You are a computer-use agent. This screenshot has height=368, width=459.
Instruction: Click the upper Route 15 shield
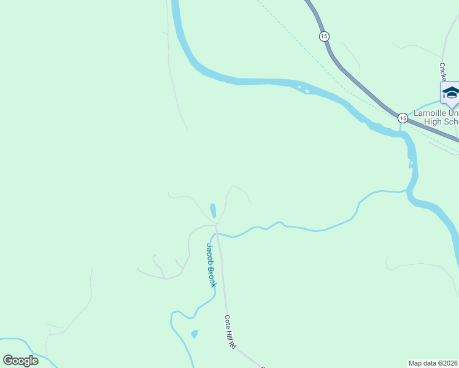(324, 36)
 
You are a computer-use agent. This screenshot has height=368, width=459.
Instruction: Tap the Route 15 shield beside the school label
(402, 117)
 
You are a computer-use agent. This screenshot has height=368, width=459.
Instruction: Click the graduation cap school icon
(450, 93)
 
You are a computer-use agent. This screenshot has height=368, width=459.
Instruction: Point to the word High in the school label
(433, 121)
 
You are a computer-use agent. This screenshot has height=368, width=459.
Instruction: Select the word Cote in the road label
(227, 321)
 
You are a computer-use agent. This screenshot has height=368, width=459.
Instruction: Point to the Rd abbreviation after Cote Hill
(233, 345)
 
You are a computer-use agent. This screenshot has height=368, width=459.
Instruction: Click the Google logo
(20, 361)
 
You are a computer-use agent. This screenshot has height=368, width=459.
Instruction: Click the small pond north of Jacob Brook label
(213, 210)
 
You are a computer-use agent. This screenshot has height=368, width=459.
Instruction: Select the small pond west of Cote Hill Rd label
(195, 334)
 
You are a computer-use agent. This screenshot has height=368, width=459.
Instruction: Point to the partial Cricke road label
(442, 71)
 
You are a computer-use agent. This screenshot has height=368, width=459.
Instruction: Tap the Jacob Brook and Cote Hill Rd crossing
(217, 234)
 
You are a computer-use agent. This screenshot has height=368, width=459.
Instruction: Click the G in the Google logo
(8, 361)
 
